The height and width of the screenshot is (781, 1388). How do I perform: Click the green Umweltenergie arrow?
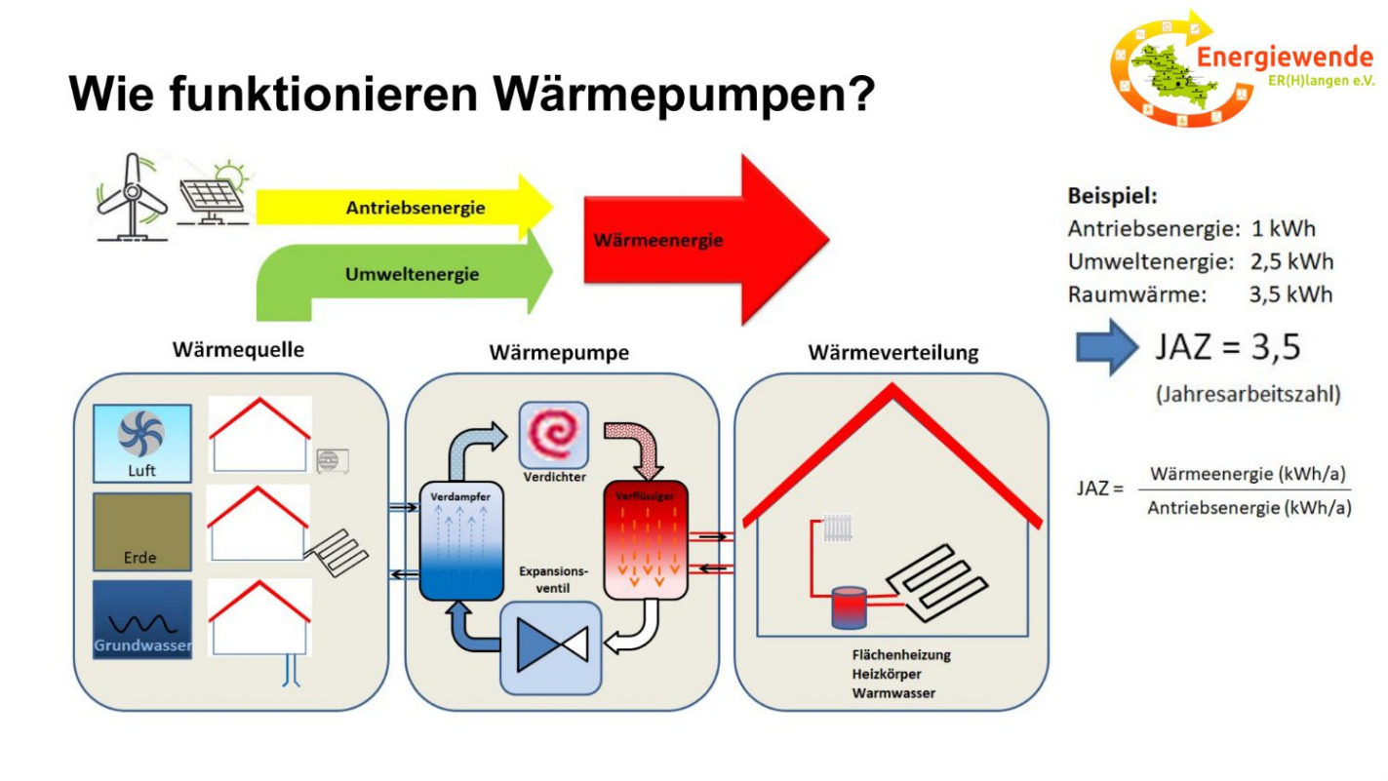(410, 275)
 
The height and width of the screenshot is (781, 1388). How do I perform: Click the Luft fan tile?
(141, 444)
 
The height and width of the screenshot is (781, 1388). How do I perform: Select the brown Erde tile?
(141, 531)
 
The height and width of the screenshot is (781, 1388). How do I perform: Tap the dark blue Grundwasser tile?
(141, 620)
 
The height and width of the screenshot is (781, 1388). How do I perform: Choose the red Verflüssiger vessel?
(646, 541)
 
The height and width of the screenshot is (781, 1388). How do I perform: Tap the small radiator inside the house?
(838, 529)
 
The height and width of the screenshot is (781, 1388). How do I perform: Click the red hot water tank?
(848, 608)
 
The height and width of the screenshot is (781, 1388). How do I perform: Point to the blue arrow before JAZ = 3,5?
(1106, 348)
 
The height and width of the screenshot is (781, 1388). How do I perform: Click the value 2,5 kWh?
(1291, 262)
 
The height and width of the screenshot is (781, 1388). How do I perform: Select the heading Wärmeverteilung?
(892, 353)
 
